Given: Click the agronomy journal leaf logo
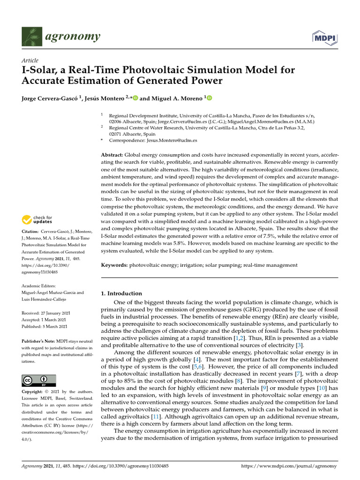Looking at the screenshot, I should (30, 36).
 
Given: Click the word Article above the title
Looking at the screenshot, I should (30, 60).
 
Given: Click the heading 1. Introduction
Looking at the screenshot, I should (121, 293).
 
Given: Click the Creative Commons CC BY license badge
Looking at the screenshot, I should (39, 380).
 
